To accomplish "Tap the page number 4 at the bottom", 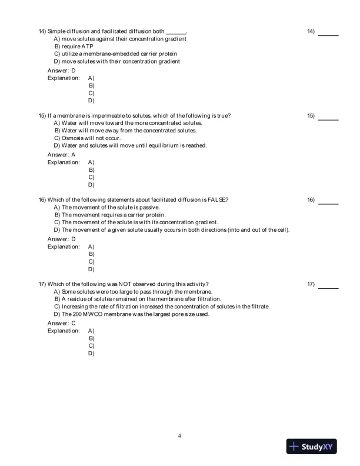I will [x=179, y=436].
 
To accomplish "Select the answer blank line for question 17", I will [x=328, y=288].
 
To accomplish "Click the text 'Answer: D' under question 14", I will [x=61, y=70].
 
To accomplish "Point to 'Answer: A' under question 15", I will [x=61, y=155].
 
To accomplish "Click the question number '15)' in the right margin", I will [x=311, y=116].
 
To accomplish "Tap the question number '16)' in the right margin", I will [x=311, y=200].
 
